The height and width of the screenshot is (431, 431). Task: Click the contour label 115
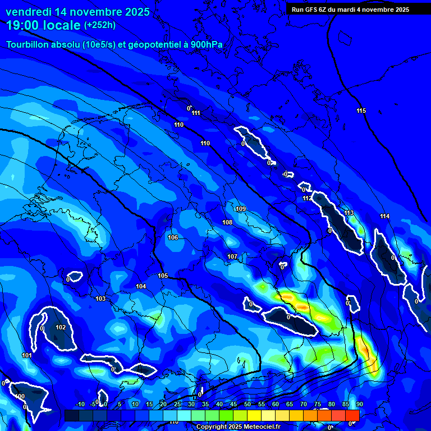tap(361, 111)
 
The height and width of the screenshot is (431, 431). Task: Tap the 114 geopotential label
tap(384, 217)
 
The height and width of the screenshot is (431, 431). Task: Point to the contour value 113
tap(349, 213)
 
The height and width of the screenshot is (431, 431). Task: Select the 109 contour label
tap(241, 209)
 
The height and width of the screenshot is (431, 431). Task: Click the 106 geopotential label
tap(173, 237)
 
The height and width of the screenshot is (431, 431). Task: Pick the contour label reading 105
tap(163, 276)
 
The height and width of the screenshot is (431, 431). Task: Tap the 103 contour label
tap(100, 299)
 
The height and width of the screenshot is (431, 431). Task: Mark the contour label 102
tap(61, 327)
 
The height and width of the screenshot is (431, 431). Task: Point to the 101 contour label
tap(26, 355)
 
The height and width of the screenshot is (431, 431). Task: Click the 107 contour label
tap(232, 256)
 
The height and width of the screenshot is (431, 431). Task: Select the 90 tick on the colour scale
tap(359, 404)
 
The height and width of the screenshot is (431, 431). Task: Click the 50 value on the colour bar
tap(247, 404)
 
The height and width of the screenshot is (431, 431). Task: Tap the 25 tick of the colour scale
tap(177, 404)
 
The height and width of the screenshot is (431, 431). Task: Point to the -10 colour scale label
tap(80, 404)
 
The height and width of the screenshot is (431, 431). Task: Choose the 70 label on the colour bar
tap(304, 404)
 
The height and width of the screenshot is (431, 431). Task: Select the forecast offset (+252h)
tap(100, 25)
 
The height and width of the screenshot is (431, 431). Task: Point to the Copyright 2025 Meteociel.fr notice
tap(237, 427)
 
